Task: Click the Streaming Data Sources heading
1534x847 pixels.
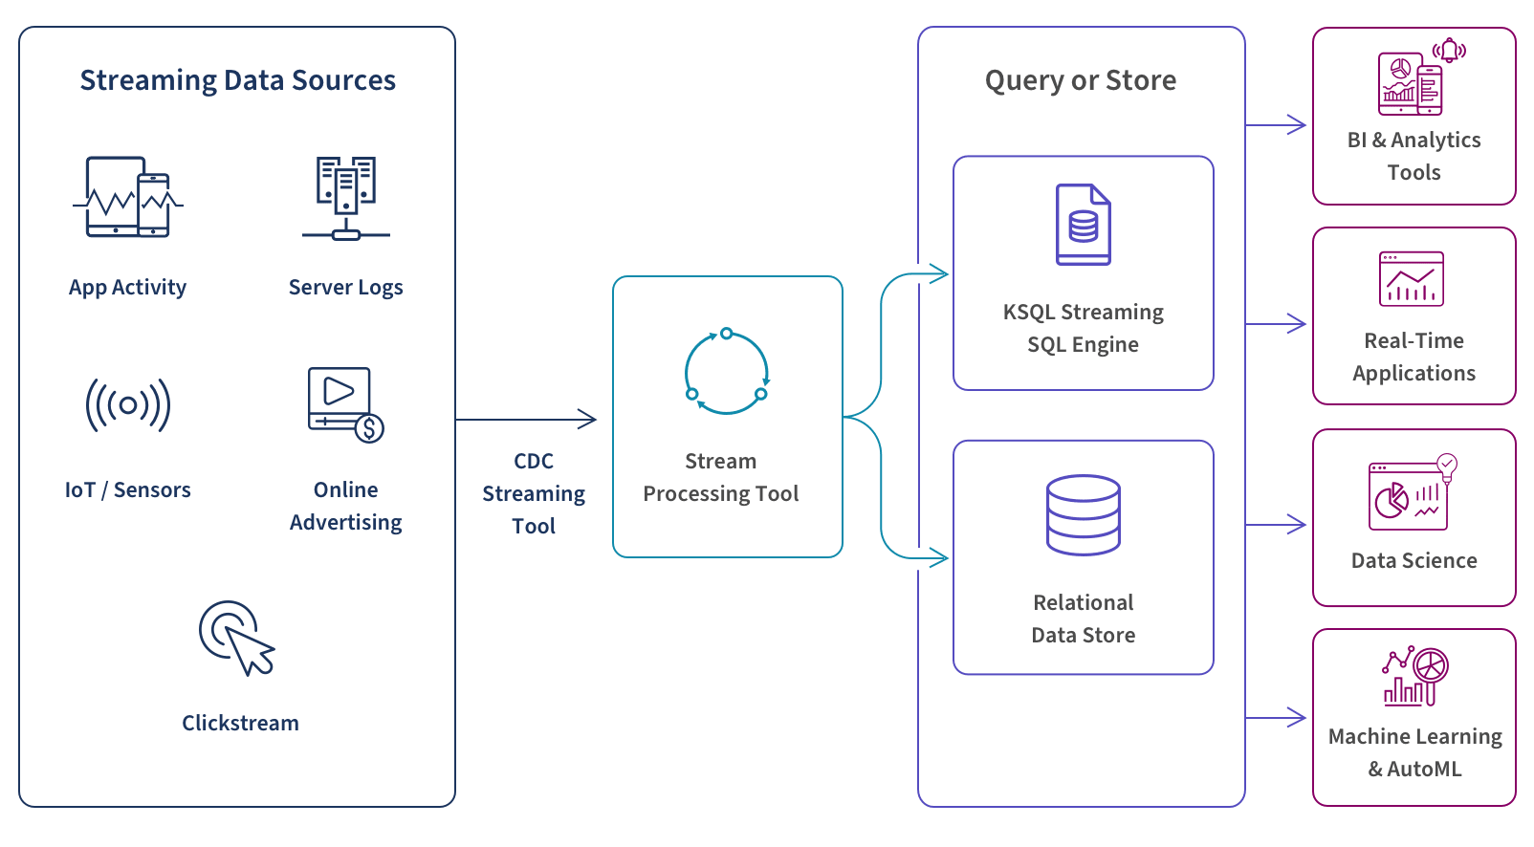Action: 237,80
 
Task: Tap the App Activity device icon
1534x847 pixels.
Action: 128,198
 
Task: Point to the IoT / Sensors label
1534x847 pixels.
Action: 128,490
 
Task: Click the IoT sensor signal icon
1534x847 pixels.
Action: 128,404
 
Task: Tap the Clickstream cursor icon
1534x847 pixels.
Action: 236,638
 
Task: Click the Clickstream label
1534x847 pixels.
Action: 240,724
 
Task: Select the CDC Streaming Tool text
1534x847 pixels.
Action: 534,493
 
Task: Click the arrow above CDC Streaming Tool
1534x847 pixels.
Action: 527,419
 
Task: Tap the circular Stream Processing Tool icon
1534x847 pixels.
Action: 727,372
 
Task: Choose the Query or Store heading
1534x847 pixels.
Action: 1081,80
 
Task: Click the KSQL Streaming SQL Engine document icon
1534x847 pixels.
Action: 1084,225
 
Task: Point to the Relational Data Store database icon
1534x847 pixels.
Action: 1084,515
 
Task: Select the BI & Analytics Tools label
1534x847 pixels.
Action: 1414,156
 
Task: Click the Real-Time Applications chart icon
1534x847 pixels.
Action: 1412,279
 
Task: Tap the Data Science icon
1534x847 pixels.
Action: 1413,493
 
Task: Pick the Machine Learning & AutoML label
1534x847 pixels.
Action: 1414,752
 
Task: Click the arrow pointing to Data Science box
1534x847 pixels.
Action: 1277,525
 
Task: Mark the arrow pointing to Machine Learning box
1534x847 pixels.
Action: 1277,718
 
